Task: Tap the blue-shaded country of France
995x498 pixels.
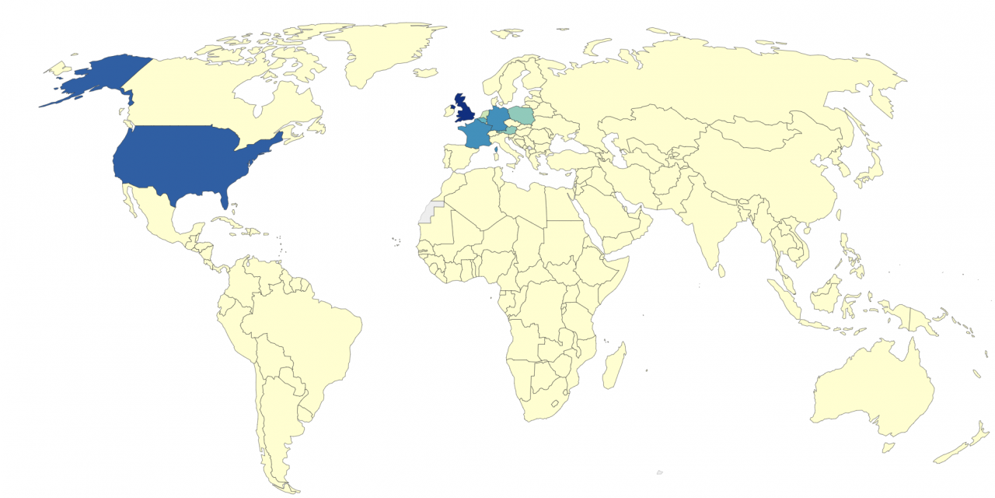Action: pos(474,135)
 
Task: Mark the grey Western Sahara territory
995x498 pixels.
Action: pos(428,212)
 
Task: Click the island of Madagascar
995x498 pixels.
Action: pos(614,367)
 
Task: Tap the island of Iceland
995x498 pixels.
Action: pos(425,73)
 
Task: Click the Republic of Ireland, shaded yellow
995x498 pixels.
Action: pos(449,112)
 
